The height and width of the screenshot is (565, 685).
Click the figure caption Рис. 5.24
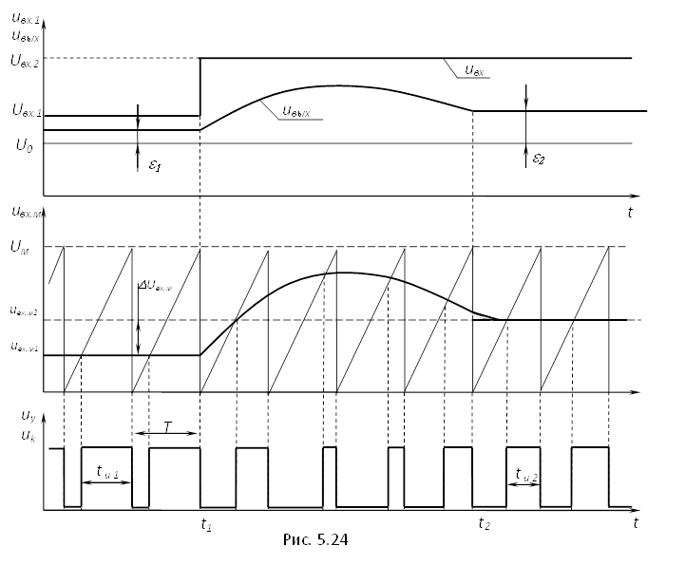tap(316, 540)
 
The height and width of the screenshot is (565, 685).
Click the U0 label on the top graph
tap(23, 144)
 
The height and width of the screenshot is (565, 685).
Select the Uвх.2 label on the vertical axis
tap(26, 60)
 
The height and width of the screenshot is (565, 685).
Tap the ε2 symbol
tap(539, 159)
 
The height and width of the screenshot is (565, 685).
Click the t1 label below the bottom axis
tap(206, 523)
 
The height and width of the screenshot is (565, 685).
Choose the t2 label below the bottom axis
tap(485, 523)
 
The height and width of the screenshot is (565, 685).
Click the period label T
tap(167, 428)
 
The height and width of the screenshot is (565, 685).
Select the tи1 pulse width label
tap(107, 471)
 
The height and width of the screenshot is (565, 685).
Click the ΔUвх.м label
tap(156, 285)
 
